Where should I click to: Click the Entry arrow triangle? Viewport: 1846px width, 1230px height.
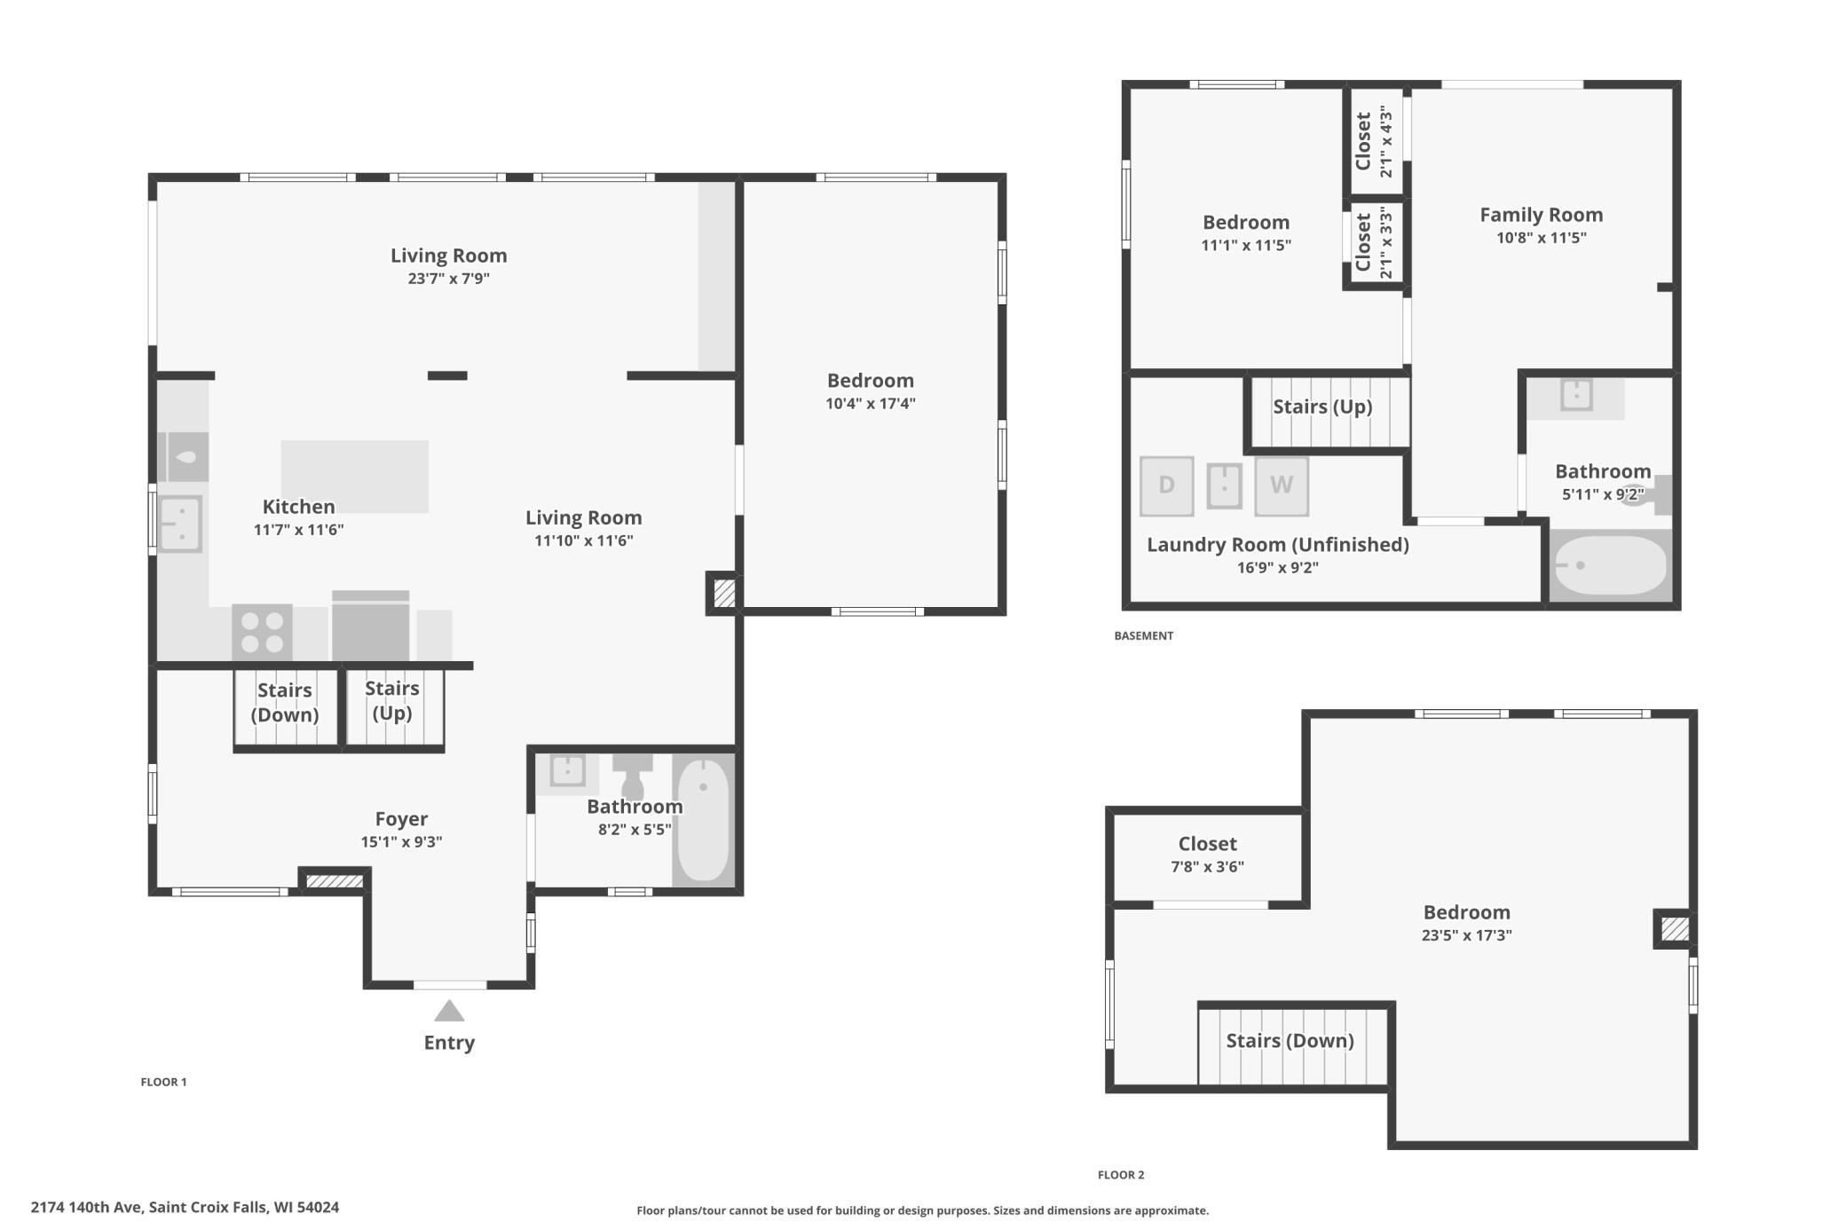click(449, 1011)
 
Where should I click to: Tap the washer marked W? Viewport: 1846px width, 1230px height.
click(1282, 486)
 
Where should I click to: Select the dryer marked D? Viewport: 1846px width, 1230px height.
click(1166, 486)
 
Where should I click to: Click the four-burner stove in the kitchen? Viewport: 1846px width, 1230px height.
click(263, 633)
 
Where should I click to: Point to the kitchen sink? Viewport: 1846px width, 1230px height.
click(180, 524)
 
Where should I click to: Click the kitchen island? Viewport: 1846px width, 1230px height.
click(355, 477)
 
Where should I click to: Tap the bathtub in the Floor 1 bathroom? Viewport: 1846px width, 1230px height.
click(703, 820)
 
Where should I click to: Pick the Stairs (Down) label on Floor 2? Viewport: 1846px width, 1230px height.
click(1290, 1040)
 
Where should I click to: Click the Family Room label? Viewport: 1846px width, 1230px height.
click(1541, 215)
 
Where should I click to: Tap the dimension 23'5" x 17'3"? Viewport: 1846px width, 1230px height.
click(1466, 934)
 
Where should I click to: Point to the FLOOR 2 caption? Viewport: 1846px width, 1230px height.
click(1121, 1175)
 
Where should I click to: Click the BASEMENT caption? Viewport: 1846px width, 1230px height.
click(1144, 635)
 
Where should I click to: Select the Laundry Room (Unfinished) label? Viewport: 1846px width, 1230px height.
click(1278, 545)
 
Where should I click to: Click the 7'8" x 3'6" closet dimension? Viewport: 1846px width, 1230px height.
click(1207, 866)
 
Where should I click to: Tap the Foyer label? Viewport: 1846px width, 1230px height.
click(401, 819)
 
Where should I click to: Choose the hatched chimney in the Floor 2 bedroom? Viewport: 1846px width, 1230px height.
click(1675, 929)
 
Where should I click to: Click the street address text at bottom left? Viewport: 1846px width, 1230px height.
click(185, 1207)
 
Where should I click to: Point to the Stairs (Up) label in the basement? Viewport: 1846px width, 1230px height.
click(1322, 406)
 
